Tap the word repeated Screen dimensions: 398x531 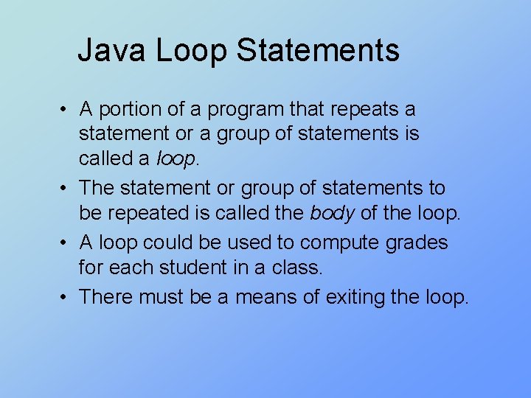(152, 213)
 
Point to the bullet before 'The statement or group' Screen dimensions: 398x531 (65, 189)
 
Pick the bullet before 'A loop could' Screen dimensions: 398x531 (65, 243)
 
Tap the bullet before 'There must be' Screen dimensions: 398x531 (65, 298)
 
